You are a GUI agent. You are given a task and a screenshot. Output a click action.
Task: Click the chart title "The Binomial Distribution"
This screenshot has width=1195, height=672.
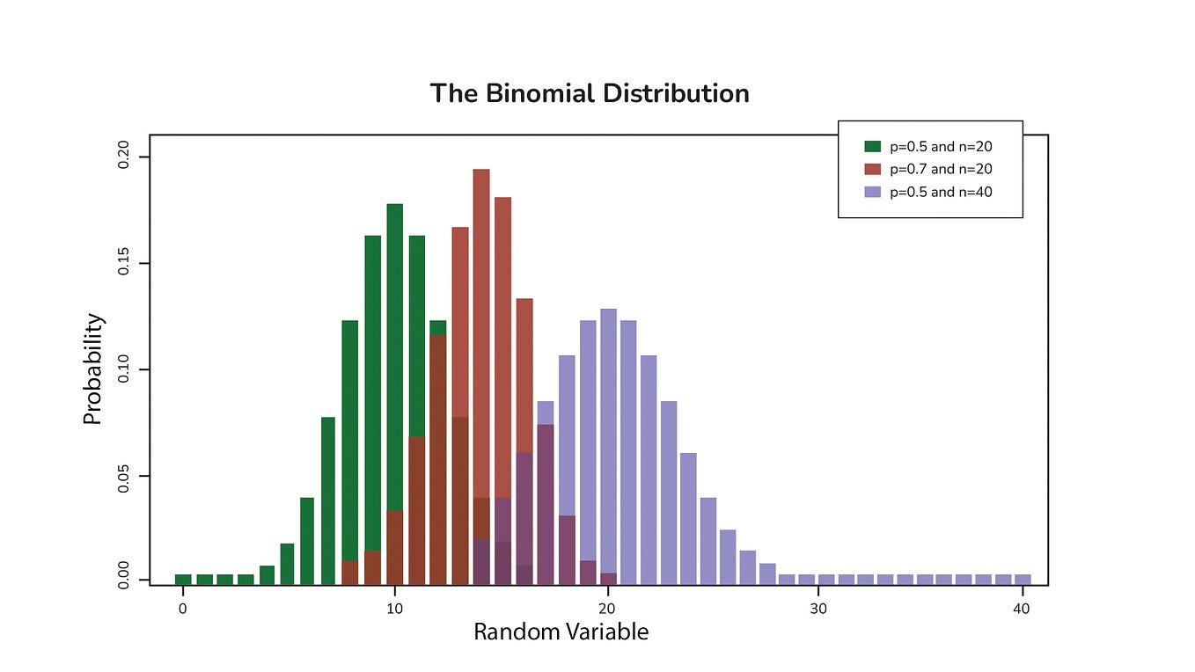coord(590,93)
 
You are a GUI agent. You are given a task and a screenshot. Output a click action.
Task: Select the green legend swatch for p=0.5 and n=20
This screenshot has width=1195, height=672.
coord(872,147)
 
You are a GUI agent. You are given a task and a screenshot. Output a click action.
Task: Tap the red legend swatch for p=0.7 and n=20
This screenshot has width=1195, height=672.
coord(872,169)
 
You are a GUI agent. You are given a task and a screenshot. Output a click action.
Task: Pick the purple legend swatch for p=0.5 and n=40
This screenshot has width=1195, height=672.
coord(872,192)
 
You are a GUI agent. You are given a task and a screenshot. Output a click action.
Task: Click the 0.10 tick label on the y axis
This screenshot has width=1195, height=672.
coord(122,369)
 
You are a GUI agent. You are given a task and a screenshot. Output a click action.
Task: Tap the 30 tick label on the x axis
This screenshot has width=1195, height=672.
coord(818,609)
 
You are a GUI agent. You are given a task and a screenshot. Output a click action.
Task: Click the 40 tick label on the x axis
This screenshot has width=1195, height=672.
coord(1022,609)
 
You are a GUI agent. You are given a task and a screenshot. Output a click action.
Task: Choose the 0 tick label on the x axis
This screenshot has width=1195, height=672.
coord(183,609)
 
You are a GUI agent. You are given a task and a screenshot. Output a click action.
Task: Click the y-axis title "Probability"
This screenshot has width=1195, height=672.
coord(92,369)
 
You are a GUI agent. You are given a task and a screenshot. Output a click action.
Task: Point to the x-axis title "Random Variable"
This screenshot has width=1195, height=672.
coord(561,632)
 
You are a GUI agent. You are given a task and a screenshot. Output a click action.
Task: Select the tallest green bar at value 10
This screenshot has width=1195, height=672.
coord(394,352)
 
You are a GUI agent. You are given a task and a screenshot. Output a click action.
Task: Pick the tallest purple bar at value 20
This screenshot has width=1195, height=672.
coord(608,440)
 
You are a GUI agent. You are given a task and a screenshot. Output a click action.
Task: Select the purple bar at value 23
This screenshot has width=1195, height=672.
coord(669,493)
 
